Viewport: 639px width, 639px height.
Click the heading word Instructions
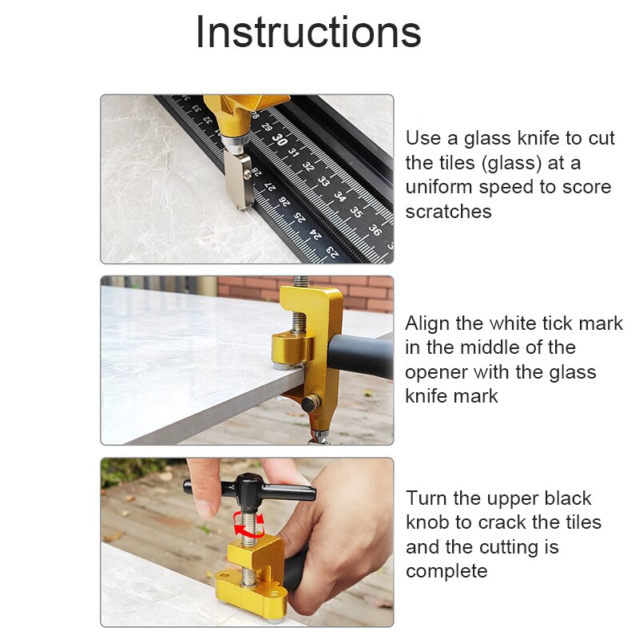[308, 34]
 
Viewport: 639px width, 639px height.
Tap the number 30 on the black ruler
[278, 138]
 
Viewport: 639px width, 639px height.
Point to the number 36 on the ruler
[374, 230]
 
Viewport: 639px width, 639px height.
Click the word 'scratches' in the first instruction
[448, 212]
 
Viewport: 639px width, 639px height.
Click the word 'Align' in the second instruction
[428, 323]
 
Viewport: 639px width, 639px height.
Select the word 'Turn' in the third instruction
[427, 498]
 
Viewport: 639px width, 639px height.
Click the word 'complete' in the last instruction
[446, 571]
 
